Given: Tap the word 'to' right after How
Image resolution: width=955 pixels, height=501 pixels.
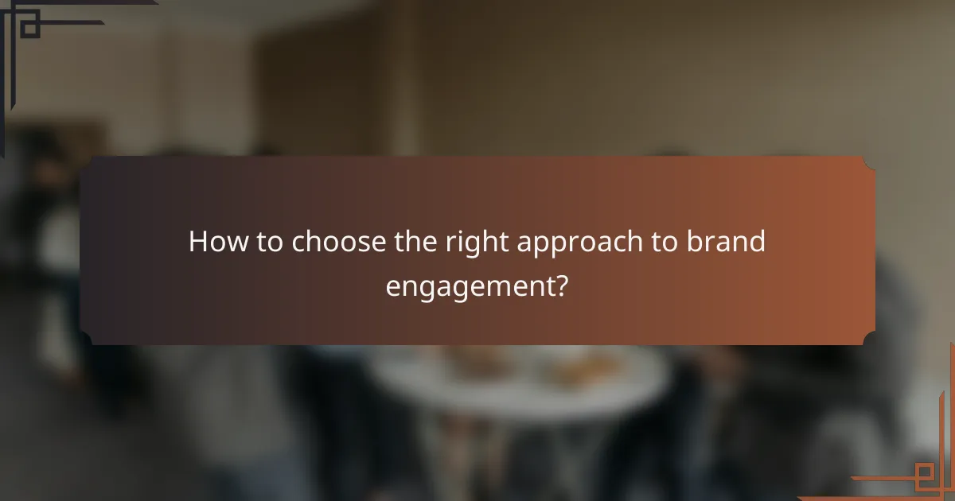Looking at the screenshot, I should point(267,242).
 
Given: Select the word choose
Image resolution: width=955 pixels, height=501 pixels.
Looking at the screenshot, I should point(341,242).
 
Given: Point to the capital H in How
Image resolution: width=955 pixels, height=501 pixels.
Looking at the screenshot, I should point(197,242).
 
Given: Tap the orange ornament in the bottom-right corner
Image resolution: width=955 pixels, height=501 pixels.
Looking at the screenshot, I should point(923,473).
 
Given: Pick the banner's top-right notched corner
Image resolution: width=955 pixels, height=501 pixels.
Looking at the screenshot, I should point(868,163).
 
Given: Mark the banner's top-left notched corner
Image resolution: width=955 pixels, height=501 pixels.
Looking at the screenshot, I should point(87,163).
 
